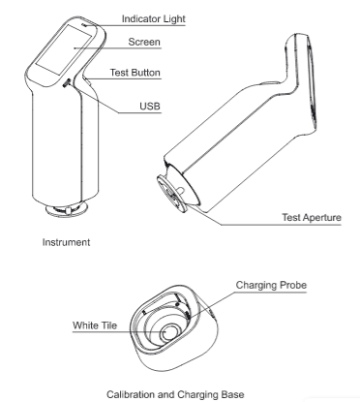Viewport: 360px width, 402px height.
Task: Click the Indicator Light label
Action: (x=154, y=19)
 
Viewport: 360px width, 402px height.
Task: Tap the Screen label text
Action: (x=144, y=42)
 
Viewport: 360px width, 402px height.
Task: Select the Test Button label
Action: (x=135, y=73)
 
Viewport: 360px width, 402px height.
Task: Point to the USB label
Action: (x=150, y=106)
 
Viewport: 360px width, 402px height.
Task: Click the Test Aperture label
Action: (x=312, y=217)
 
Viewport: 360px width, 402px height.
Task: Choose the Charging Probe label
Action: (x=271, y=285)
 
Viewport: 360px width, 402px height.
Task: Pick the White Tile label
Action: (x=95, y=325)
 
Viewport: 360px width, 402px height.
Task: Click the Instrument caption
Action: (x=66, y=242)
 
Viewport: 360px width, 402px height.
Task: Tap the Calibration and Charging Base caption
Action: (x=175, y=394)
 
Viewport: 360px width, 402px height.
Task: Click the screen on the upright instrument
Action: (x=63, y=49)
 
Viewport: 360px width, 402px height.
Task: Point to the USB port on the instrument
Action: (x=66, y=83)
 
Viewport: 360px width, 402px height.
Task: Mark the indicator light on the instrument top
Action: (x=84, y=25)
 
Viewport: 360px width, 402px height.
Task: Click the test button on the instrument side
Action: (x=87, y=81)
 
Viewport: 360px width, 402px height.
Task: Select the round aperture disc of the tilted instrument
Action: (x=171, y=193)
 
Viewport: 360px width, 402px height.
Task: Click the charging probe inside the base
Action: (x=188, y=316)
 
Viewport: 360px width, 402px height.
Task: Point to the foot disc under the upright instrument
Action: (x=67, y=210)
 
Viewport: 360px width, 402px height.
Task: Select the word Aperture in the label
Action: (x=322, y=218)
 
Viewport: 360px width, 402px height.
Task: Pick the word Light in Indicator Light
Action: (x=174, y=19)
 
